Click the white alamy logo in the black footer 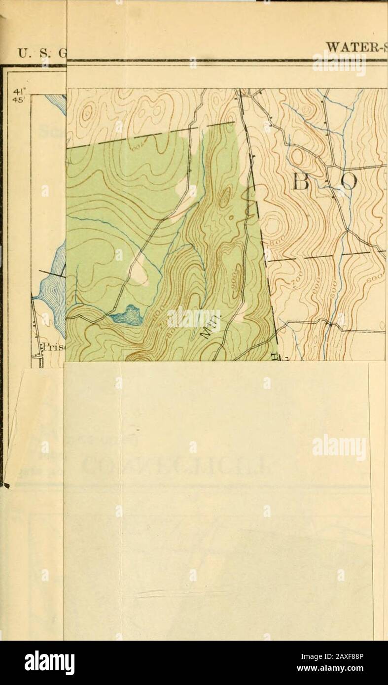coord(49,663)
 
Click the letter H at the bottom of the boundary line coord(275,357)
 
